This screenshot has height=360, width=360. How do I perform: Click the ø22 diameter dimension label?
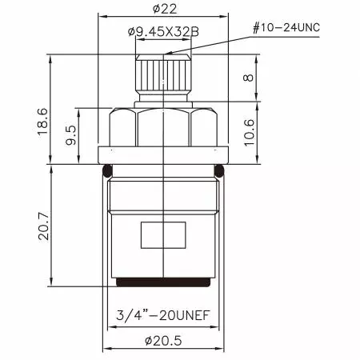(165, 10)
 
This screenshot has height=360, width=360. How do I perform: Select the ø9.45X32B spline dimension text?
(163, 32)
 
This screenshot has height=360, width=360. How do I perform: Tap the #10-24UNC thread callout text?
(286, 28)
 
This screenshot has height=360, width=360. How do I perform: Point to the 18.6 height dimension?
(42, 122)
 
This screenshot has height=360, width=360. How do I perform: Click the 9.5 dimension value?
(71, 135)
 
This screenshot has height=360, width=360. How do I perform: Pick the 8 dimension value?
(248, 78)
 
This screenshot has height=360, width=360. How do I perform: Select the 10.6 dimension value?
(249, 133)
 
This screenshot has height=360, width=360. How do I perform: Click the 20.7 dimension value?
(44, 226)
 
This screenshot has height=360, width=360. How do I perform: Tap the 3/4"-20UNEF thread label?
(163, 315)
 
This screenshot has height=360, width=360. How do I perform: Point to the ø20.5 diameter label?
(163, 341)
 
